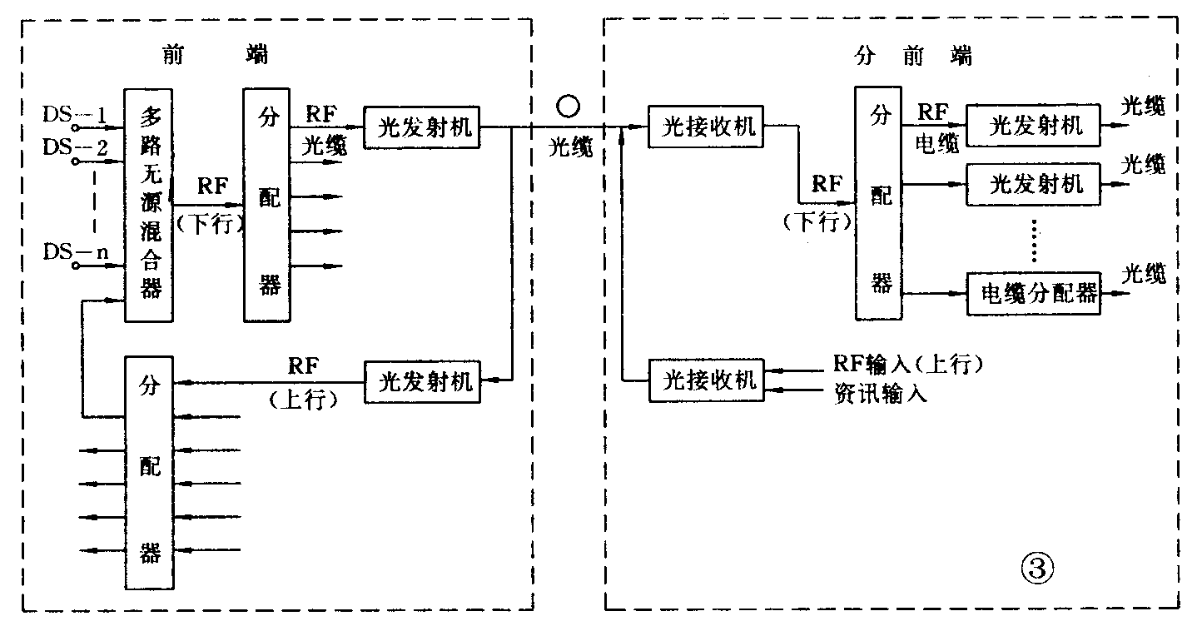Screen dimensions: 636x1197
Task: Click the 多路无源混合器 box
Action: tap(149, 205)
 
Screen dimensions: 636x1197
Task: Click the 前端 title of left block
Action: tap(216, 56)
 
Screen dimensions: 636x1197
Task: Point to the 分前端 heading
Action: tap(913, 56)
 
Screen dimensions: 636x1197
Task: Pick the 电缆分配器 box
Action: tap(1032, 293)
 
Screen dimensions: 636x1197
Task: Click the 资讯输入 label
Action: tap(880, 394)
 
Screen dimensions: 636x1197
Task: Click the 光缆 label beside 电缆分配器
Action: tap(1144, 275)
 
